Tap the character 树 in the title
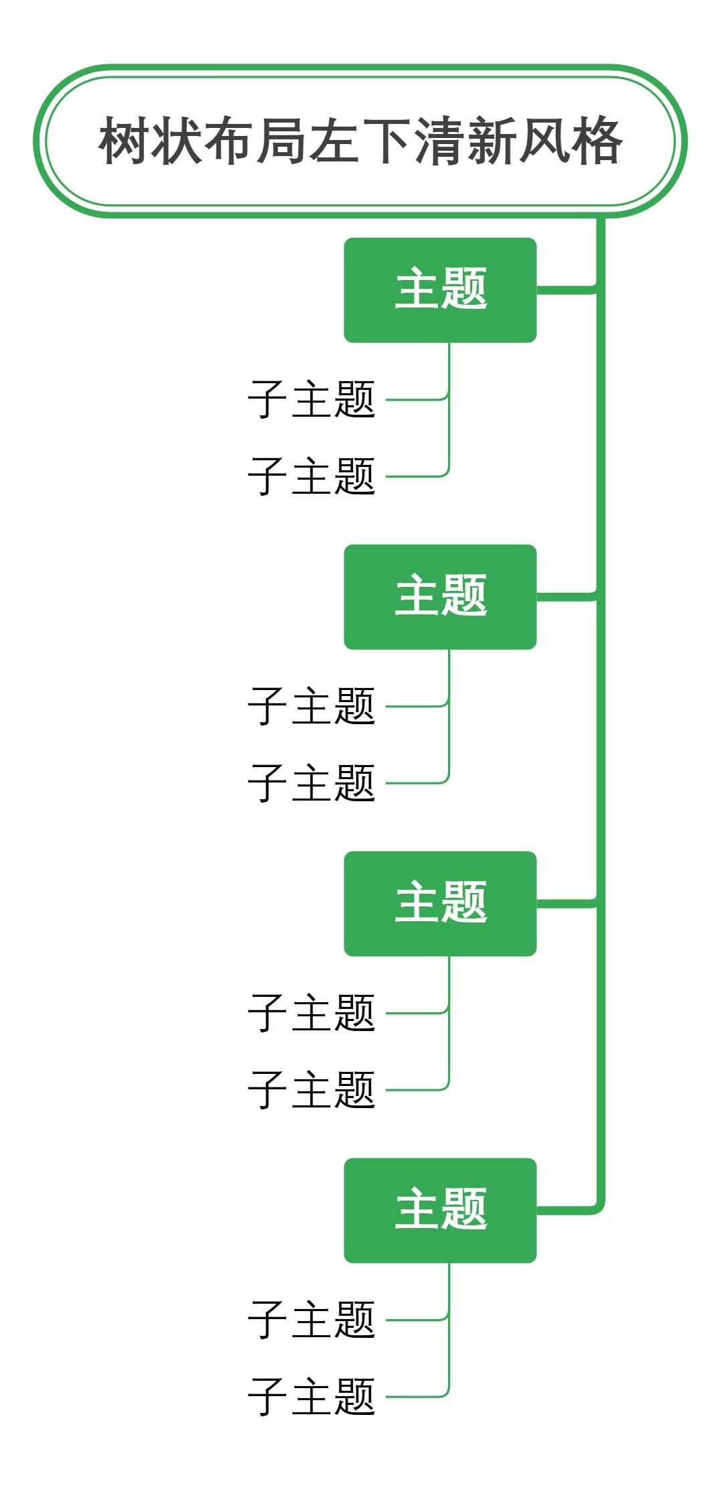coord(125,141)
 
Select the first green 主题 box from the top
coord(440,289)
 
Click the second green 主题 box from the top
coord(440,596)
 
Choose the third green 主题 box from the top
coord(440,903)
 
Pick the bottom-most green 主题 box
coord(440,1210)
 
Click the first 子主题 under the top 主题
coord(311,399)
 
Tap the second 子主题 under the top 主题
coord(311,476)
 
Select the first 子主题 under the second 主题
coord(311,706)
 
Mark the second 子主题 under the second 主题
coord(311,783)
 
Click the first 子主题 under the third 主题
coord(311,1013)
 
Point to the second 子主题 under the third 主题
coord(311,1090)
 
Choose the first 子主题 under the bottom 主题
coord(311,1320)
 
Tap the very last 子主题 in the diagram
coord(311,1397)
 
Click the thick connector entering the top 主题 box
coord(566,290)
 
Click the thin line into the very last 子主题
coord(415,1397)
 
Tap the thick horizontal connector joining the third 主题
coord(566,904)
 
